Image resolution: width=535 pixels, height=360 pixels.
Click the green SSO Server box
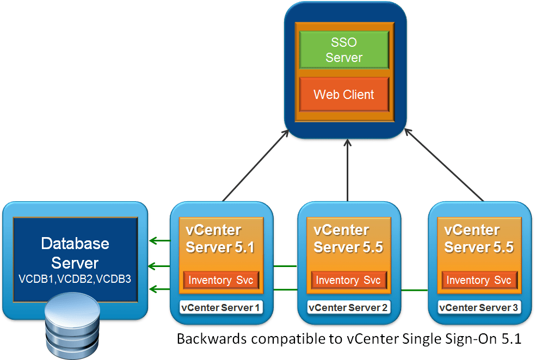[x=344, y=50]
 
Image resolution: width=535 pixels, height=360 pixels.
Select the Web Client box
[x=344, y=95]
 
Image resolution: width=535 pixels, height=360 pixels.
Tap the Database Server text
[x=75, y=253]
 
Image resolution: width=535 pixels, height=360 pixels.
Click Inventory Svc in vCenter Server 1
[x=221, y=280]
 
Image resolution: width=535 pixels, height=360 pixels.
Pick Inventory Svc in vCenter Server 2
[x=348, y=280]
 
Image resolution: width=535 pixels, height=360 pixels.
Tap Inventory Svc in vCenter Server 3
[x=479, y=280]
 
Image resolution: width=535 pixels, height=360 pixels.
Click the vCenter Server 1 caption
[x=220, y=308]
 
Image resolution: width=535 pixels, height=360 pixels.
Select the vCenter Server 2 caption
[x=348, y=308]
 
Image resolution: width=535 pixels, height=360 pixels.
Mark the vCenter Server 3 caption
[x=479, y=308]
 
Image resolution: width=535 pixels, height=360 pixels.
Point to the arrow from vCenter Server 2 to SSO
[x=348, y=169]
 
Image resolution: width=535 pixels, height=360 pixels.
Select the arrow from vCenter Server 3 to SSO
[x=444, y=166]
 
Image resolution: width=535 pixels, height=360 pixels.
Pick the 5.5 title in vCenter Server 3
[x=501, y=247]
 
